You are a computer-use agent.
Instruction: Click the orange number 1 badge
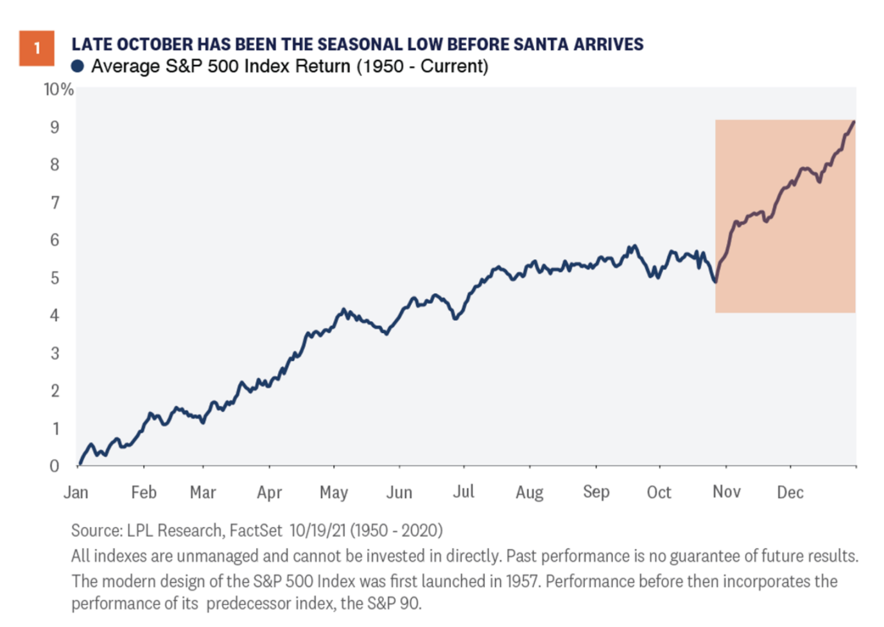pyautogui.click(x=37, y=48)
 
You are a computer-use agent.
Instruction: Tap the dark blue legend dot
pyautogui.click(x=78, y=66)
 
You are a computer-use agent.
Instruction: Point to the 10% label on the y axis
pyautogui.click(x=58, y=89)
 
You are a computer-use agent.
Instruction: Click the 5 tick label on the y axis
pyautogui.click(x=55, y=278)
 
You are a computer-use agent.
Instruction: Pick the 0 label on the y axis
pyautogui.click(x=55, y=466)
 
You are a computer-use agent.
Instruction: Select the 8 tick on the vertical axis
pyautogui.click(x=55, y=165)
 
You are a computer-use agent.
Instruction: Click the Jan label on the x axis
pyautogui.click(x=76, y=492)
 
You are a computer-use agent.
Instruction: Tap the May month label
pyautogui.click(x=334, y=492)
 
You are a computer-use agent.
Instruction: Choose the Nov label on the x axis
pyautogui.click(x=726, y=492)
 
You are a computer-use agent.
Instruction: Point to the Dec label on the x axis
pyautogui.click(x=790, y=492)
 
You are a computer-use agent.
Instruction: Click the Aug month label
pyautogui.click(x=530, y=492)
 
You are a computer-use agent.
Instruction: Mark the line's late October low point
pyautogui.click(x=715, y=281)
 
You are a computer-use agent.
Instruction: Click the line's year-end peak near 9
pyautogui.click(x=853, y=121)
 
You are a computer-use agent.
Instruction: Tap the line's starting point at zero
pyautogui.click(x=79, y=464)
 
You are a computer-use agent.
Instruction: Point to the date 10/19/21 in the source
pyautogui.click(x=318, y=531)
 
